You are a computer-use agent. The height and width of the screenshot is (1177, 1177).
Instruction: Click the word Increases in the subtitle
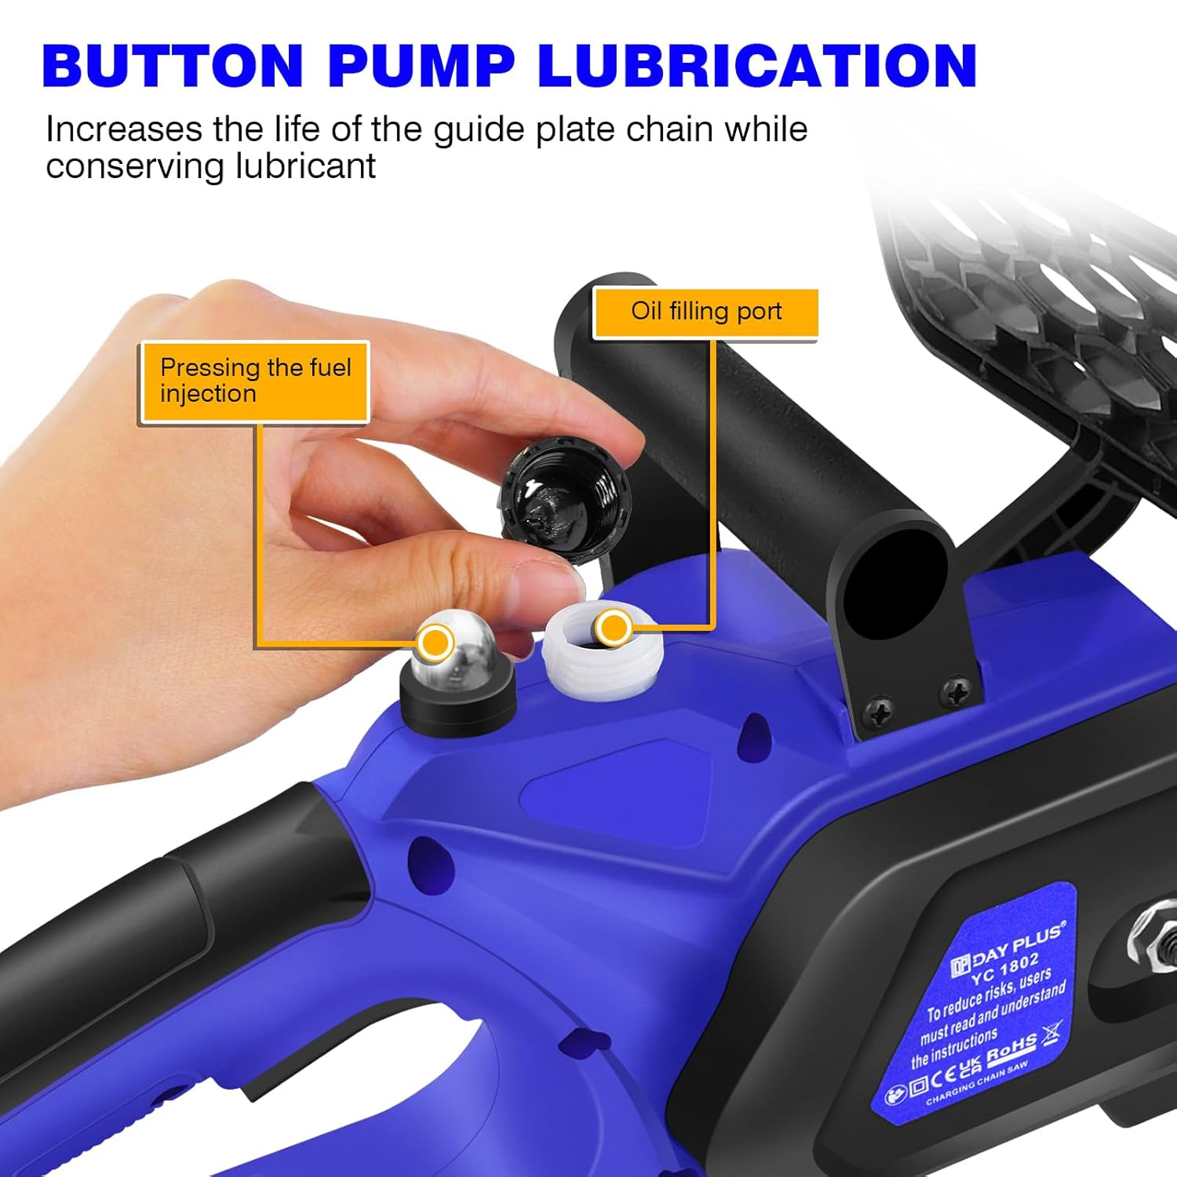coord(124,129)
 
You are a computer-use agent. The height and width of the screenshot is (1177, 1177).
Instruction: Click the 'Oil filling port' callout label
coord(706,312)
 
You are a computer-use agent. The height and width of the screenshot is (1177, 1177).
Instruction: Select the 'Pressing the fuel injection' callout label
coord(255,381)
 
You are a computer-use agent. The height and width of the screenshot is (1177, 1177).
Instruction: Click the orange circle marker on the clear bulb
coord(435,643)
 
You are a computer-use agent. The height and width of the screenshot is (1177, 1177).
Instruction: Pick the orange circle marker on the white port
coord(613,628)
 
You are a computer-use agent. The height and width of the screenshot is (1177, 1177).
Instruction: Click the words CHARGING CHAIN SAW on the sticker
coord(977,1084)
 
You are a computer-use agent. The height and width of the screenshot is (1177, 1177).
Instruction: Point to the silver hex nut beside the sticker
coord(1153,938)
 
